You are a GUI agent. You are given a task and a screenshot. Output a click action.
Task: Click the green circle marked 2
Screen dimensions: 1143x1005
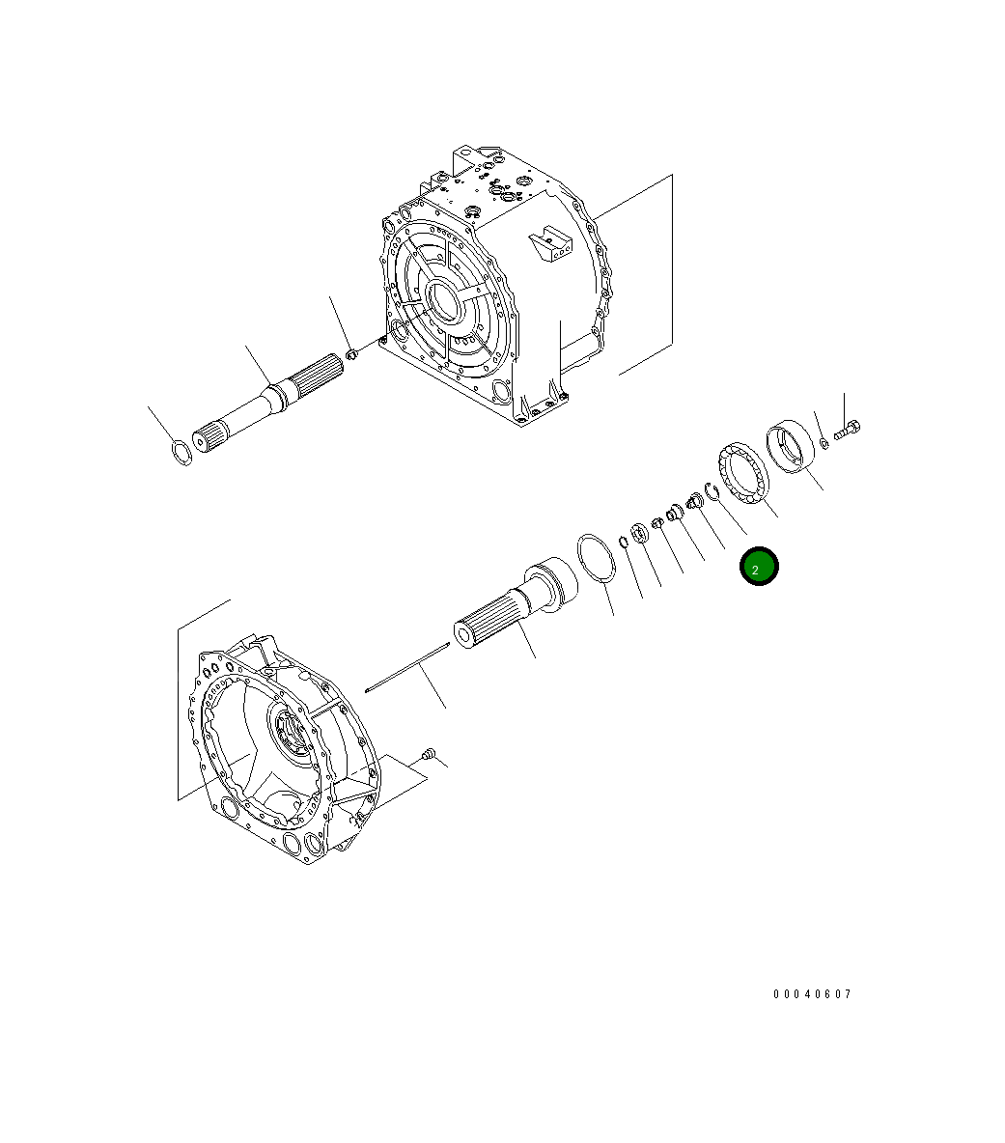758,568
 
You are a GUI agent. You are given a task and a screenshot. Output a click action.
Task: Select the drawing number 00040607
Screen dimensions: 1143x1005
812,994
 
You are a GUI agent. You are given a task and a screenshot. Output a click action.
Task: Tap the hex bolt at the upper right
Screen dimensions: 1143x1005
847,430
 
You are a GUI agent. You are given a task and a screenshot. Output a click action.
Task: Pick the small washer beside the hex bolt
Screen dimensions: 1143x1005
824,443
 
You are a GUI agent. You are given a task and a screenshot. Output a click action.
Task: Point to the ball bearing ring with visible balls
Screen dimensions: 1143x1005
744,472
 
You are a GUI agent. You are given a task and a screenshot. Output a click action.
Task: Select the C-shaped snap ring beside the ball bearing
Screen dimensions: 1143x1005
714,492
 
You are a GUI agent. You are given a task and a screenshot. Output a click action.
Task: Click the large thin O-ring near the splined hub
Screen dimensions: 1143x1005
597,557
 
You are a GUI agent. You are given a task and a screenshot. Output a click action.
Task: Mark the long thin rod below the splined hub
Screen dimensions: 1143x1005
408,666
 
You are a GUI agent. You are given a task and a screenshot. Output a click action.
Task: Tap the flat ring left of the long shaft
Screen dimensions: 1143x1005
180,450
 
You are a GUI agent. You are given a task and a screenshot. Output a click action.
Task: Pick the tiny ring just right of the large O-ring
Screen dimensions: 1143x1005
624,542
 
